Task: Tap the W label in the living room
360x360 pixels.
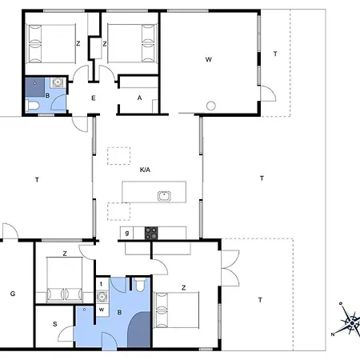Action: (x=209, y=59)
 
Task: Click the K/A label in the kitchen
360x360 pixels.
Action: (x=145, y=170)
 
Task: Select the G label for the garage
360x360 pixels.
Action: (x=13, y=294)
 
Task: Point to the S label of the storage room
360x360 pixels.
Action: (x=55, y=324)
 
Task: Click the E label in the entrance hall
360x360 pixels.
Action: (x=94, y=98)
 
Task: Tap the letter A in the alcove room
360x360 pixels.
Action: (x=139, y=98)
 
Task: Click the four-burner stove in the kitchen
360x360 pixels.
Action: (x=151, y=233)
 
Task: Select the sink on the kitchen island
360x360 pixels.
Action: (x=164, y=196)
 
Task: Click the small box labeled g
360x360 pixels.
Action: (x=126, y=233)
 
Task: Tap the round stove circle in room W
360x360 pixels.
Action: (x=211, y=106)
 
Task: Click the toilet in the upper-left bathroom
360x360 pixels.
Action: (x=33, y=106)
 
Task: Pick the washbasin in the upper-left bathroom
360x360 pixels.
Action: (x=58, y=82)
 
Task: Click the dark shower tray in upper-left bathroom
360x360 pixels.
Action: (x=35, y=87)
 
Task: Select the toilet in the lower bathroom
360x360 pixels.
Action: (x=139, y=284)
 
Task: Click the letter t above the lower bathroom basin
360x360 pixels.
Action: (x=101, y=284)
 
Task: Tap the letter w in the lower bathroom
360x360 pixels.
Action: (x=102, y=310)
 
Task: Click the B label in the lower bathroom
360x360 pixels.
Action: (x=119, y=312)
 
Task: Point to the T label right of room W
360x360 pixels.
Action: (x=275, y=54)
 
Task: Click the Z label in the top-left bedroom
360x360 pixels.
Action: (x=78, y=43)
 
